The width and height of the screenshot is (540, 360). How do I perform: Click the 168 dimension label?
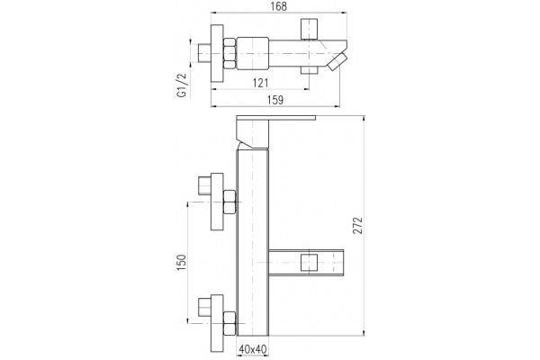[x=279, y=6]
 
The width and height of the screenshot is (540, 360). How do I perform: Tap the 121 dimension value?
[x=260, y=83]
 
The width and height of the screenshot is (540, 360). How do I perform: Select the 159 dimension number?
[x=275, y=100]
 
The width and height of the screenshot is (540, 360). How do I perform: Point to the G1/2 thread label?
[x=182, y=85]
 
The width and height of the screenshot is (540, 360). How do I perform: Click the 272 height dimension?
[x=358, y=226]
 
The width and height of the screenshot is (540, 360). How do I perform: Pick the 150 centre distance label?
[x=182, y=263]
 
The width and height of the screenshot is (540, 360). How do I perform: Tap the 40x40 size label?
[x=253, y=349]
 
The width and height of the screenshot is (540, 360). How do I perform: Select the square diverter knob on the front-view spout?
[x=309, y=263]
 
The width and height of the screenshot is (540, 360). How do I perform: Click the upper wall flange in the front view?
[x=217, y=202]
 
